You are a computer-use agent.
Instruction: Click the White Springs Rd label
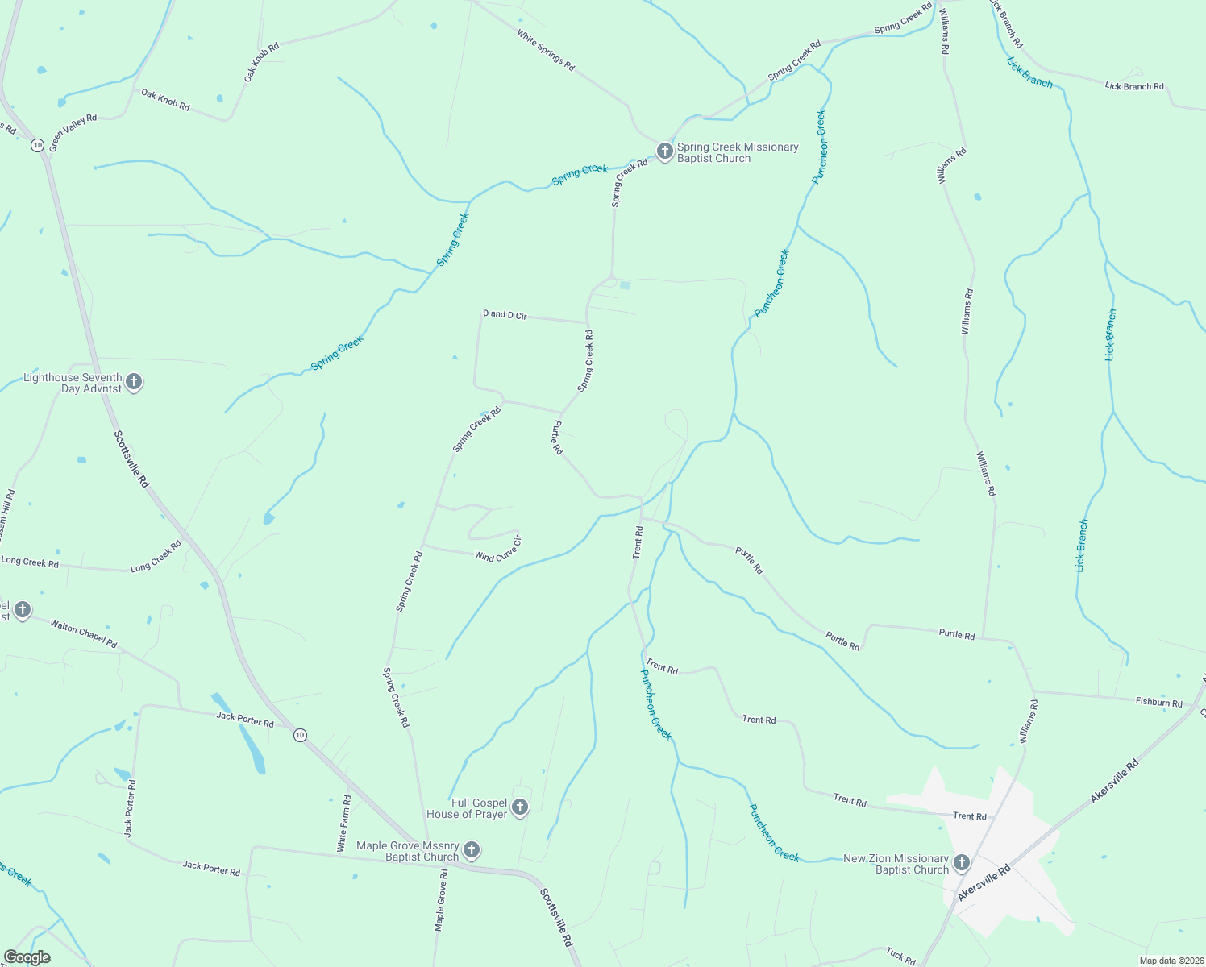click(546, 51)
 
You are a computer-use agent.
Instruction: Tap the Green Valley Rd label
click(73, 133)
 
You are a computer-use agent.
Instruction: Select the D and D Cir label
click(505, 315)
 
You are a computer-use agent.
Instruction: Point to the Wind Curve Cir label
click(499, 549)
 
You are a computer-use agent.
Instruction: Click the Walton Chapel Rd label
click(84, 633)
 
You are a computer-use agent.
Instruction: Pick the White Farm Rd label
click(344, 824)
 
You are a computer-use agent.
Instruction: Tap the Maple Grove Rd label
click(441, 899)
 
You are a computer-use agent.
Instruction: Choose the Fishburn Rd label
click(1158, 703)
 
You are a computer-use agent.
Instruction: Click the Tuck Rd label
click(900, 956)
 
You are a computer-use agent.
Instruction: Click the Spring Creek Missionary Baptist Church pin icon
click(664, 151)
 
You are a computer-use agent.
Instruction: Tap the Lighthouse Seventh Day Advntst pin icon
click(135, 382)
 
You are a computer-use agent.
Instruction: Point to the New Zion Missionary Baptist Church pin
click(961, 863)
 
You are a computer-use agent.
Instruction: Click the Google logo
click(27, 957)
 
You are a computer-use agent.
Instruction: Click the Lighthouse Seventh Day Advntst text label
click(73, 383)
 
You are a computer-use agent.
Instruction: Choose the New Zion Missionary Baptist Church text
click(896, 864)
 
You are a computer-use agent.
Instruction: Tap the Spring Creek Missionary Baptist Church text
click(738, 152)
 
